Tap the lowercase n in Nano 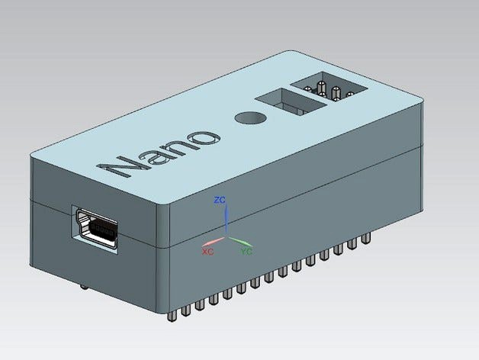pos(178,148)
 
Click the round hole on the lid pos(249,120)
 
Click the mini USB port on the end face pos(96,229)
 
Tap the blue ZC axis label pos(220,200)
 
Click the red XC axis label pos(207,250)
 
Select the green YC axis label pos(246,249)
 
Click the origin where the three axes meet pos(226,233)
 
